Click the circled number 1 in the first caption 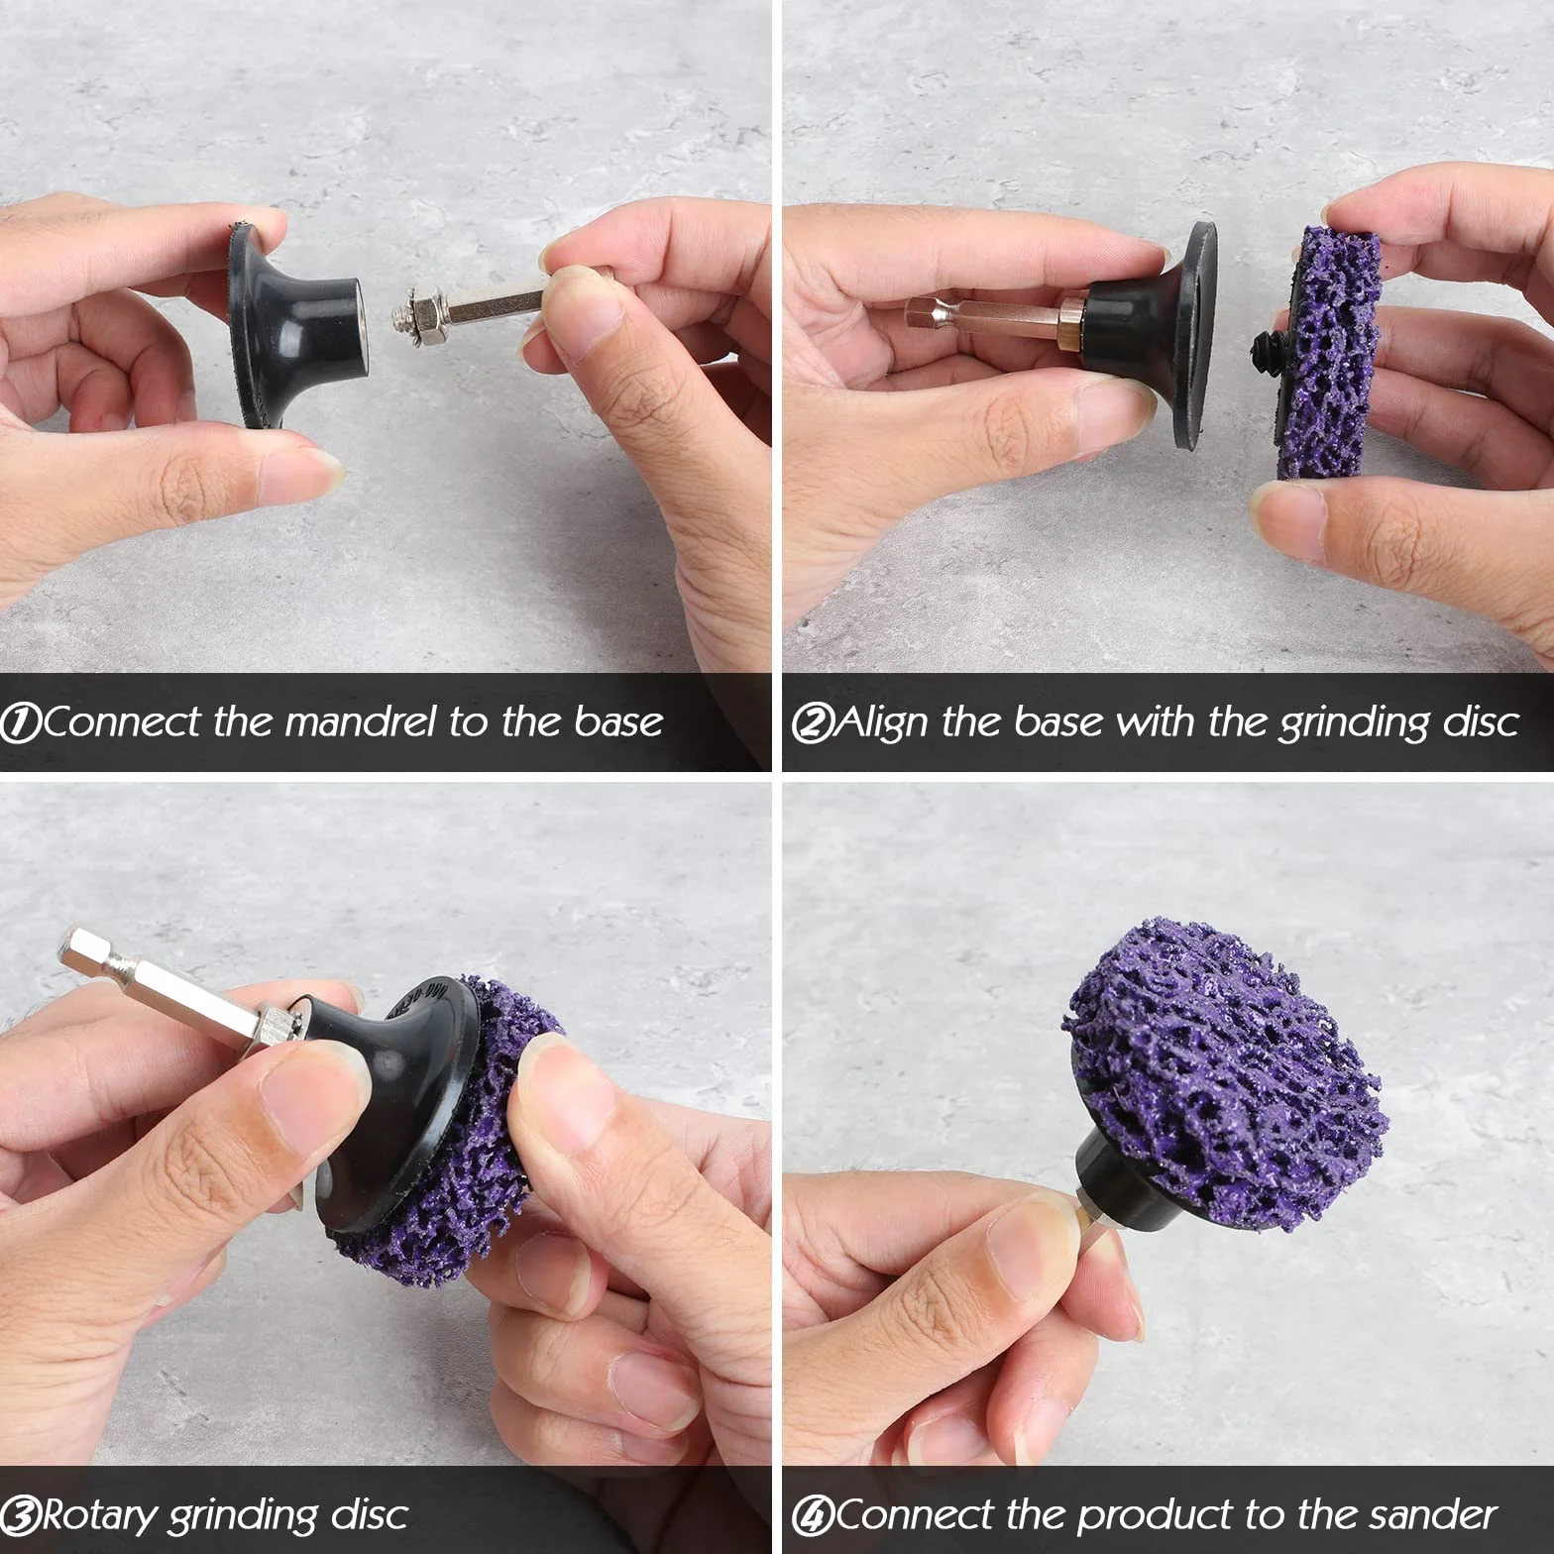(x=21, y=722)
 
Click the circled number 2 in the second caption (x=812, y=722)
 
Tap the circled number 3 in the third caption (x=21, y=1515)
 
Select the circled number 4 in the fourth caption (x=812, y=1515)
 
